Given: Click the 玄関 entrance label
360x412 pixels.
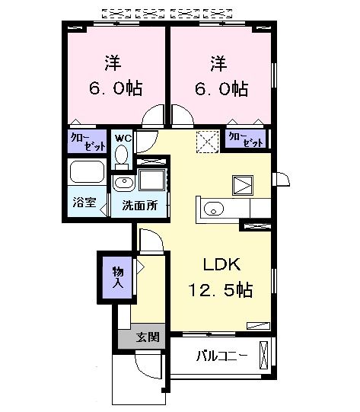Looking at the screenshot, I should [x=147, y=337].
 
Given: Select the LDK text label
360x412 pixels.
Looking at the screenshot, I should [x=221, y=265].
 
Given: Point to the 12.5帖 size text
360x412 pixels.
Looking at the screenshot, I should [x=221, y=290].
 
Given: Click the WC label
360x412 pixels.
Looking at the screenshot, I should [x=122, y=138].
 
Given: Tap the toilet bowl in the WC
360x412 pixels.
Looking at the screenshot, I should [x=122, y=155].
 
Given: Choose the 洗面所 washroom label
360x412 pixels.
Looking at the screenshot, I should [x=140, y=205].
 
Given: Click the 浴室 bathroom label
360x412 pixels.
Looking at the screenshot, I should [x=83, y=204].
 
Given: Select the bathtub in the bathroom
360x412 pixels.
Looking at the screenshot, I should [x=88, y=172].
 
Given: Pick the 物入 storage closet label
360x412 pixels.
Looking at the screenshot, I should [x=118, y=277].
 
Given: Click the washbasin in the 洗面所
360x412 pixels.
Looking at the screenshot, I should [x=123, y=183].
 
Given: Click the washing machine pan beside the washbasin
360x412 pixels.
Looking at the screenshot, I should [x=152, y=182].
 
